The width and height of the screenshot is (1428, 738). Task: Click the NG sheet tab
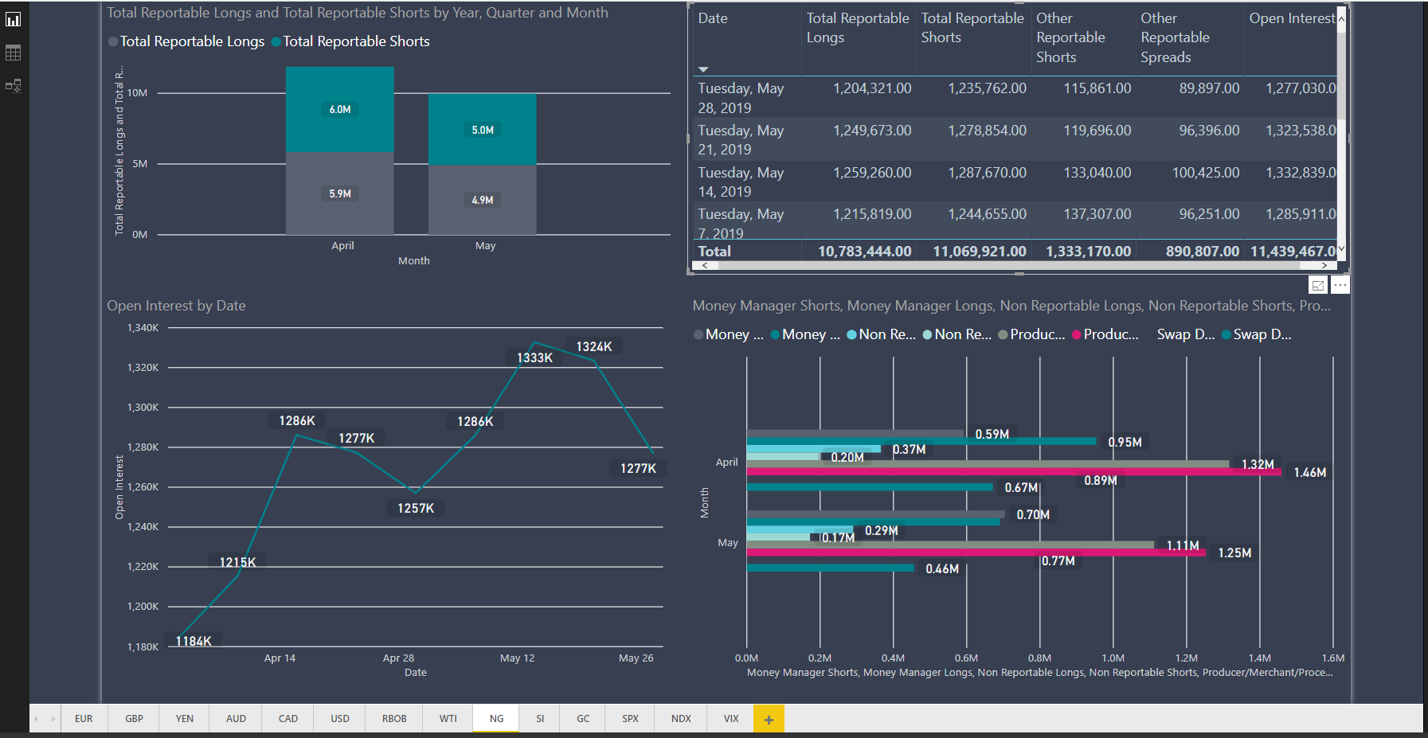(496, 718)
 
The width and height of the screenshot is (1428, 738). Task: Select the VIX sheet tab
(730, 718)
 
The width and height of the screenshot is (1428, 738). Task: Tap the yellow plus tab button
(769, 719)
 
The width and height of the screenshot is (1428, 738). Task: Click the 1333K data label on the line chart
(534, 357)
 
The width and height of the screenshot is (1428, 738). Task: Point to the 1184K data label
(194, 641)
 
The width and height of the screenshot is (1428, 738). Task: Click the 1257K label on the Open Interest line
(416, 508)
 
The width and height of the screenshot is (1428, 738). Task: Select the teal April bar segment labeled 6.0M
(340, 109)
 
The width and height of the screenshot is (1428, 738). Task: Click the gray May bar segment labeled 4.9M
(482, 200)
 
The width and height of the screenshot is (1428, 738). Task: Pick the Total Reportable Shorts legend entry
(355, 41)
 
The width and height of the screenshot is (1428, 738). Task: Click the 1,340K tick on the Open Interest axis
(143, 327)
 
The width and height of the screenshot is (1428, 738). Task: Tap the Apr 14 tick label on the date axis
(280, 658)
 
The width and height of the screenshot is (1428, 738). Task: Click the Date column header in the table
(713, 18)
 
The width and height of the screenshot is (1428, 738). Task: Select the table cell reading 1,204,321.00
(872, 88)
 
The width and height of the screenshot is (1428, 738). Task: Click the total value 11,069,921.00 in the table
(979, 252)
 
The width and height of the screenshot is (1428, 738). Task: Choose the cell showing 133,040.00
(1097, 173)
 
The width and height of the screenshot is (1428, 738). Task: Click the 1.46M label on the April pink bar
(1309, 472)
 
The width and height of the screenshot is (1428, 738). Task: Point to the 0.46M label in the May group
(942, 568)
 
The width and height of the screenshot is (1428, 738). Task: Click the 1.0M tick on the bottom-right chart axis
(1113, 658)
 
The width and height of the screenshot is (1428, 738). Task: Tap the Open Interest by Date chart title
(176, 306)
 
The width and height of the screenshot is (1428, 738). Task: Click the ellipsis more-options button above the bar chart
(1340, 285)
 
